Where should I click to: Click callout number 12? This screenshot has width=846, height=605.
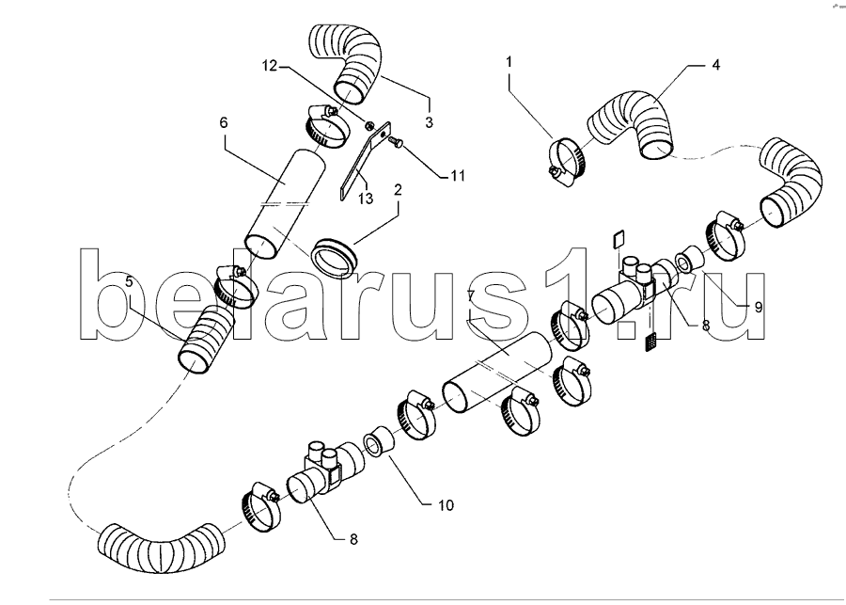pyautogui.click(x=269, y=66)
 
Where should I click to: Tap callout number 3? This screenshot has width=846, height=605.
pyautogui.click(x=429, y=122)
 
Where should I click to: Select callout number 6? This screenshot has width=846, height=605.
pyautogui.click(x=224, y=122)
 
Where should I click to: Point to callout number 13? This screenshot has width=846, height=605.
pyautogui.click(x=366, y=199)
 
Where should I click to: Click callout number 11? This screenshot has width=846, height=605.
pyautogui.click(x=458, y=176)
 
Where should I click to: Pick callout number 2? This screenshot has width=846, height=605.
pyautogui.click(x=399, y=190)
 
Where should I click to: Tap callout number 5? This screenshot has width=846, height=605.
pyautogui.click(x=129, y=281)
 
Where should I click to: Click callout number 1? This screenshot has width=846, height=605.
pyautogui.click(x=509, y=61)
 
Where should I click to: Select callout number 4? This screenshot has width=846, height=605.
pyautogui.click(x=715, y=65)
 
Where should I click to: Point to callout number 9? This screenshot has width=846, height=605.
pyautogui.click(x=758, y=308)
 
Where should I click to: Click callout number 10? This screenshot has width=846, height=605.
pyautogui.click(x=446, y=505)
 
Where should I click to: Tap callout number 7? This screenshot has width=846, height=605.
pyautogui.click(x=471, y=295)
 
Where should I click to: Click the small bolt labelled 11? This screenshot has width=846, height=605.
pyautogui.click(x=395, y=141)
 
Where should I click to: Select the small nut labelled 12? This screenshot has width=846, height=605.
pyautogui.click(x=369, y=126)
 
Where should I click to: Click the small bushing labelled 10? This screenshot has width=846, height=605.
pyautogui.click(x=380, y=440)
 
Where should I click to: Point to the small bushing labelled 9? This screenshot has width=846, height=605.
pyautogui.click(x=690, y=259)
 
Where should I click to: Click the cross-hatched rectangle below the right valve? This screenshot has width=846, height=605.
pyautogui.click(x=651, y=342)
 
